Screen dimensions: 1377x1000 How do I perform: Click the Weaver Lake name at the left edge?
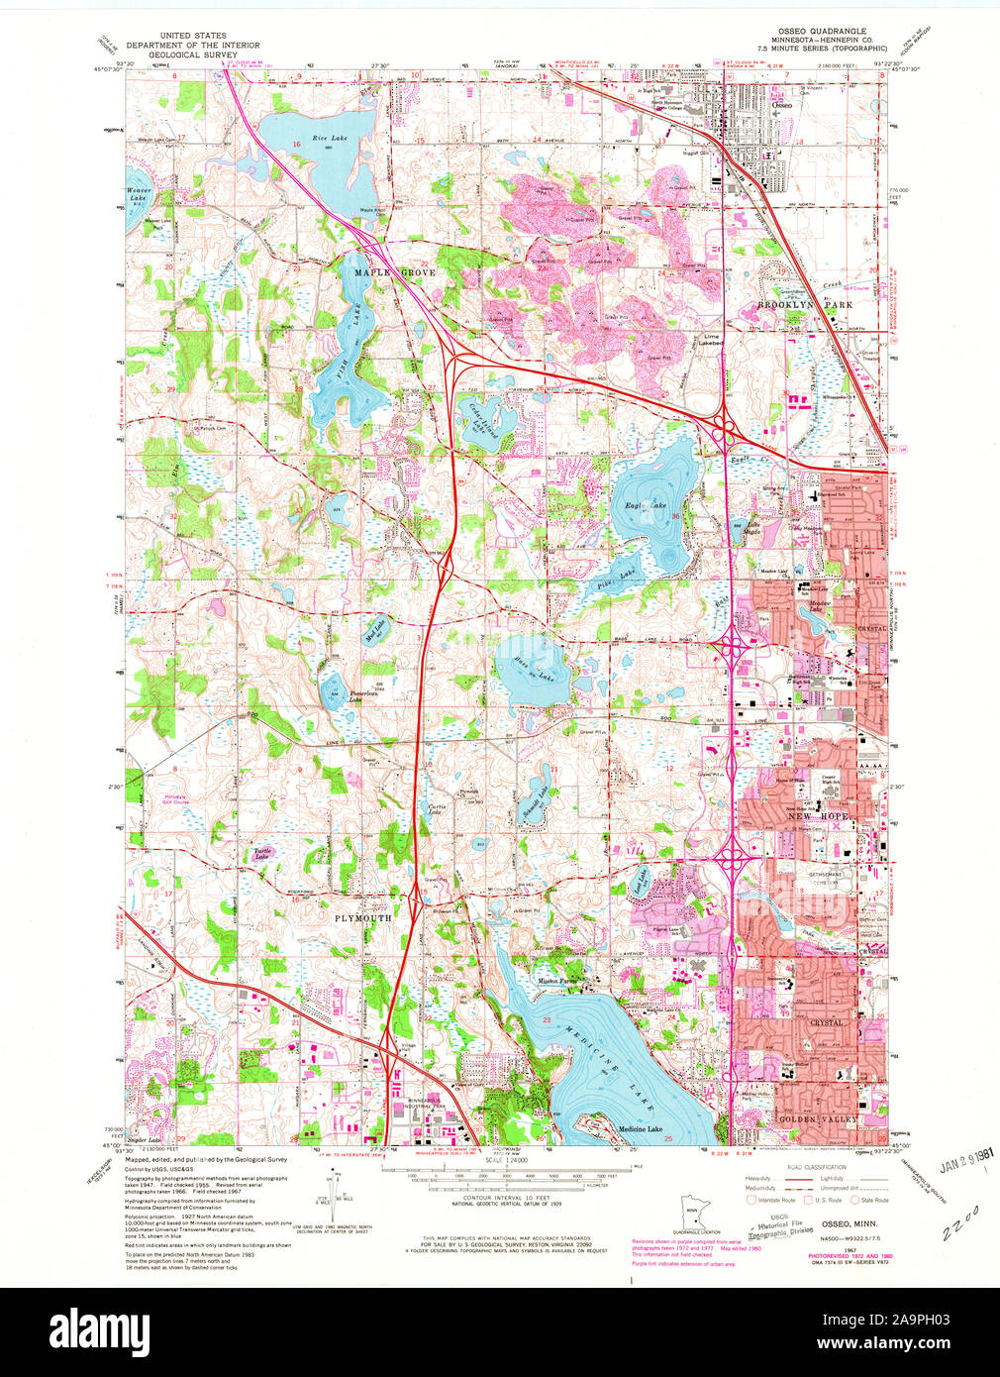click(x=142, y=193)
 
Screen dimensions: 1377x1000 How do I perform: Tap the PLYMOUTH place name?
click(x=362, y=918)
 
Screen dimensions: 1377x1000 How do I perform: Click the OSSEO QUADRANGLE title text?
click(x=821, y=37)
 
